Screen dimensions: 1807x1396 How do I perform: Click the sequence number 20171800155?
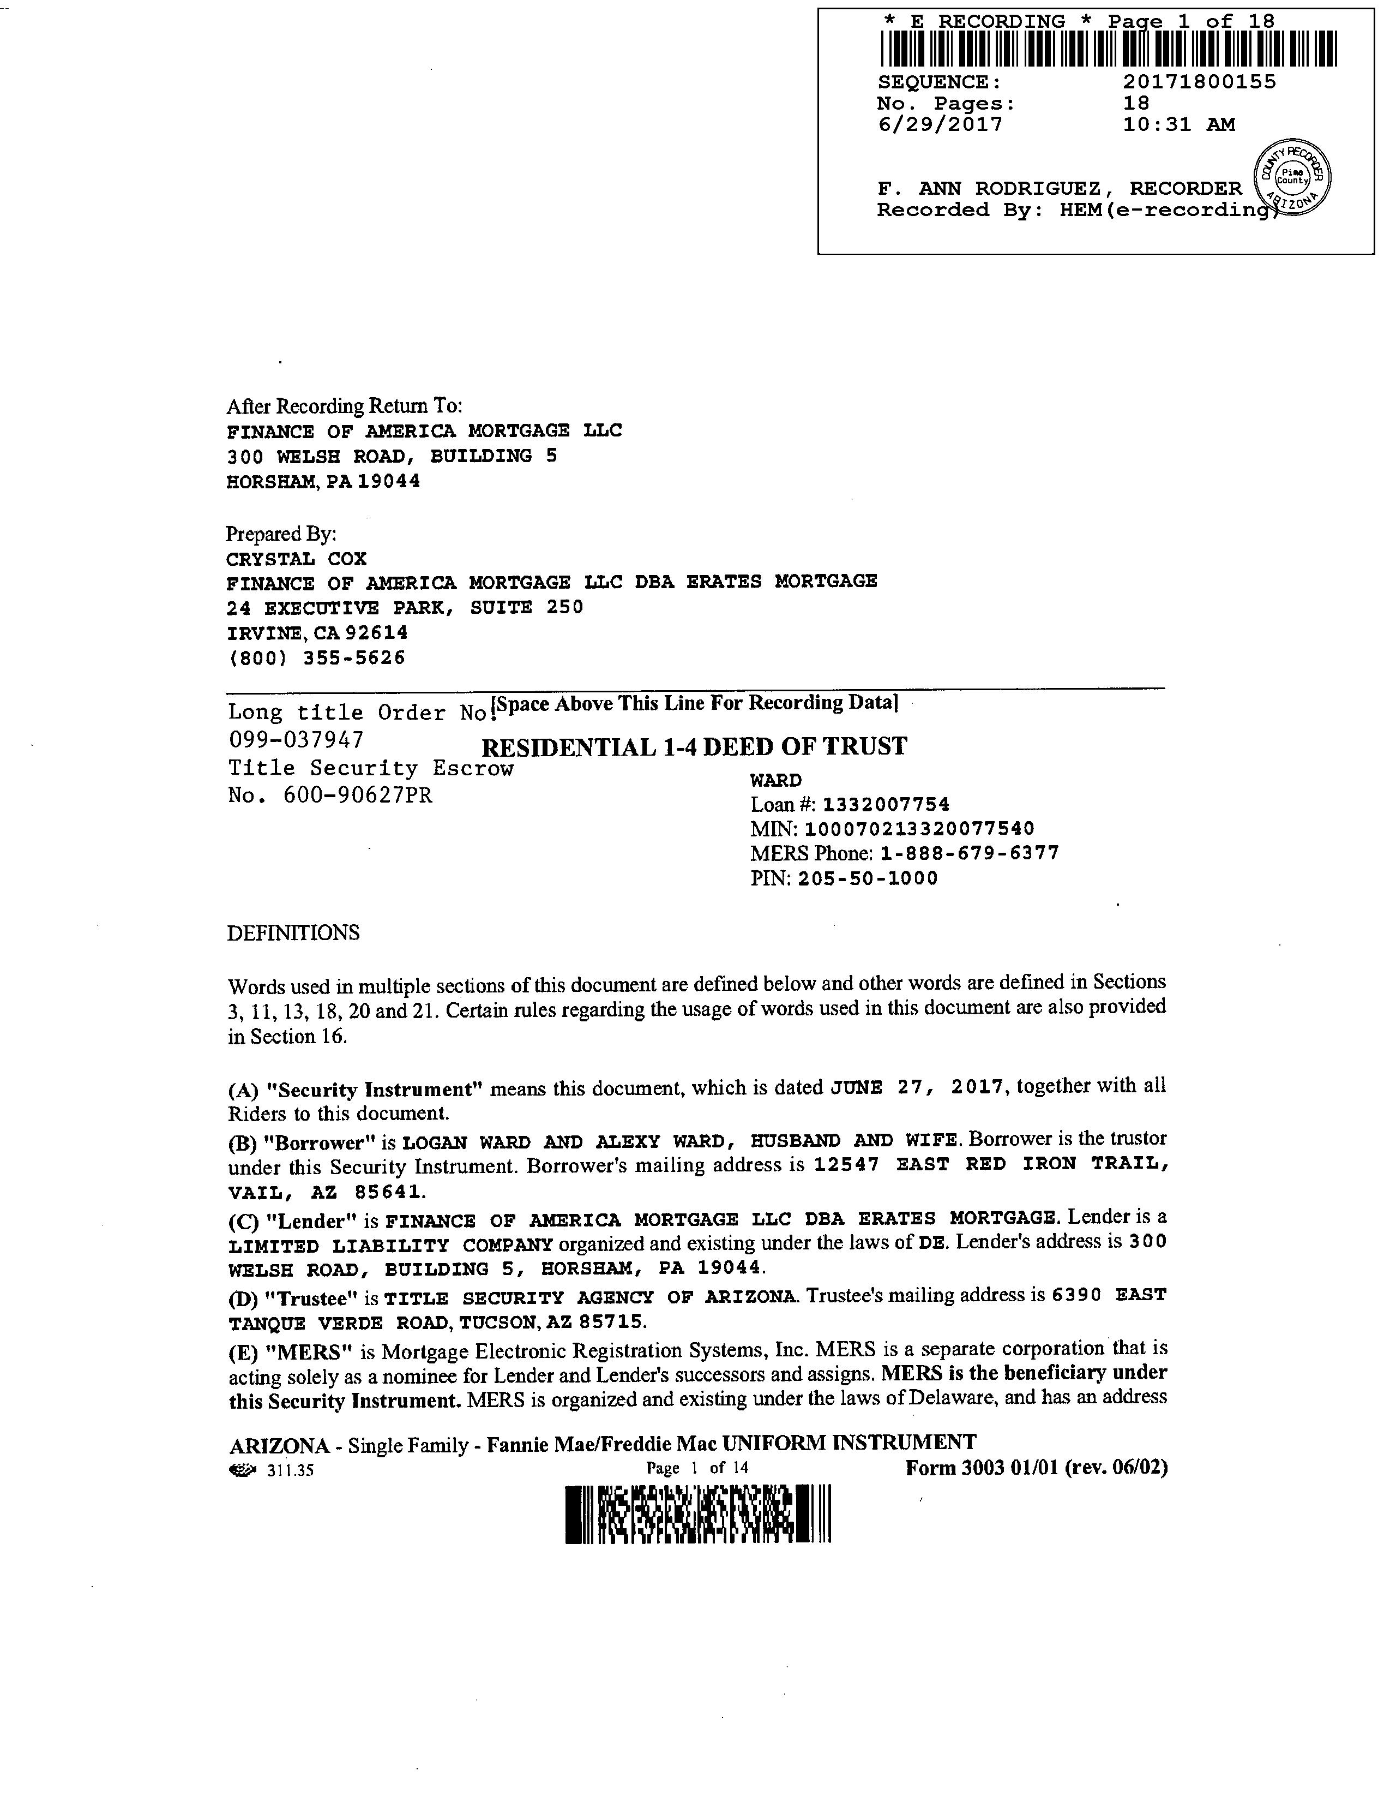coord(1199,82)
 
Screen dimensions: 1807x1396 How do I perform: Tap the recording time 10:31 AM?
coord(1178,125)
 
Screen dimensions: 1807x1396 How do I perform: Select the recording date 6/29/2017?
coord(940,125)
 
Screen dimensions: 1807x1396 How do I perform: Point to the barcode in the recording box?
coord(1108,49)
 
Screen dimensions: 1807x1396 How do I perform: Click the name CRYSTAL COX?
coord(296,559)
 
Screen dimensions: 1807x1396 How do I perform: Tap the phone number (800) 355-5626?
coord(316,658)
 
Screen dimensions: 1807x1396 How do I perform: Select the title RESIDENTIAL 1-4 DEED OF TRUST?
coord(694,747)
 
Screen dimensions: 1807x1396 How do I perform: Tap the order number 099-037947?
coord(295,739)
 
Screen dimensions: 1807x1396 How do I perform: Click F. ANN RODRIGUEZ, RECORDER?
coord(1058,189)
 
